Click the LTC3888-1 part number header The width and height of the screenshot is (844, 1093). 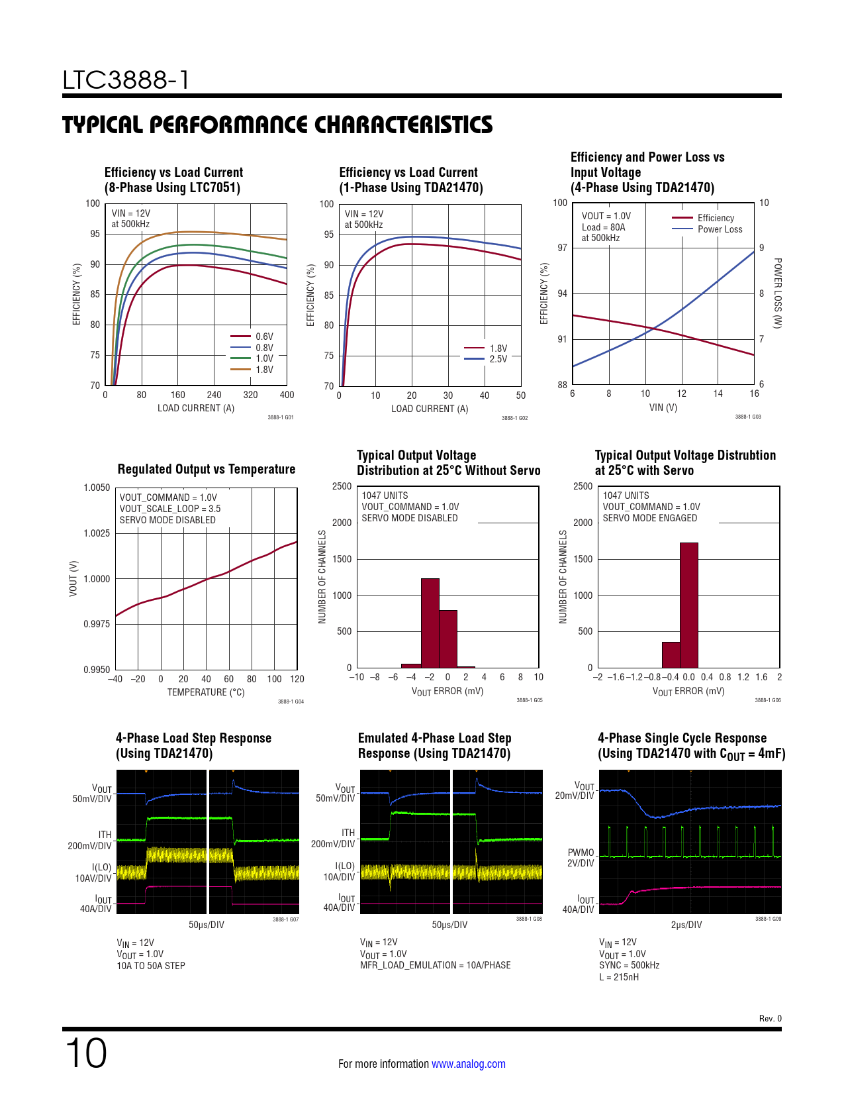click(x=126, y=80)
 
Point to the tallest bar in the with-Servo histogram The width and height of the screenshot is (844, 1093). click(x=688, y=604)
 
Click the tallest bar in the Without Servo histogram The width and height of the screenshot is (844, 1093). click(x=430, y=623)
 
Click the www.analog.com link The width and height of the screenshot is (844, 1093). click(x=469, y=1064)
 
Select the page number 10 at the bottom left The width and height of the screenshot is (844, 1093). click(x=85, y=1053)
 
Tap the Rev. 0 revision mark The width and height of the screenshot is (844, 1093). click(x=770, y=1019)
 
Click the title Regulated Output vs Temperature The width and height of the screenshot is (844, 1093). click(x=207, y=469)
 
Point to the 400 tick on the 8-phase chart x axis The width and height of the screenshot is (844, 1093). click(x=287, y=395)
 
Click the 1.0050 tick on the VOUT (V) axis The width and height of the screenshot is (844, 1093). click(x=97, y=488)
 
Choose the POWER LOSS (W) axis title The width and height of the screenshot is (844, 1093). click(x=778, y=293)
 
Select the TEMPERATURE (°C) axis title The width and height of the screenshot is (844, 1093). click(x=206, y=692)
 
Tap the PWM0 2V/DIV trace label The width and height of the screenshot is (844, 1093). click(x=581, y=858)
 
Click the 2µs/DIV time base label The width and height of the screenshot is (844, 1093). click(x=686, y=925)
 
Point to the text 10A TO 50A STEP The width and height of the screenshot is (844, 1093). click(x=151, y=966)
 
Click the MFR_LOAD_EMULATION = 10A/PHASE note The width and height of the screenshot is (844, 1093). click(x=435, y=965)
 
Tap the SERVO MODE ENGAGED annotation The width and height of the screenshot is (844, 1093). click(x=649, y=518)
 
